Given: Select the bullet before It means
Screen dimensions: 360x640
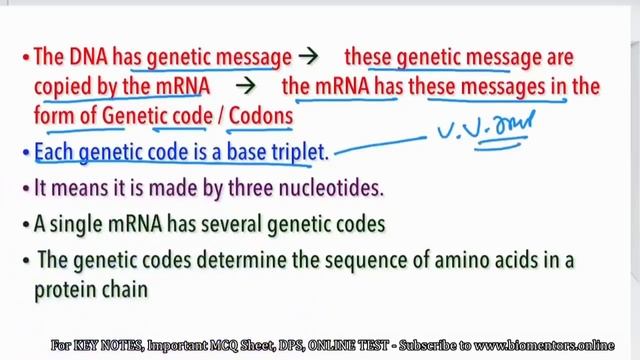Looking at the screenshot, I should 26,187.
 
